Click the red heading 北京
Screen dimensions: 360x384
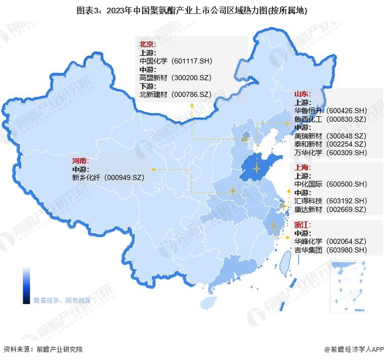(148, 44)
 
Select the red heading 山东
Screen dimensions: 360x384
(303, 94)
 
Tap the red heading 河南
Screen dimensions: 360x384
(80, 161)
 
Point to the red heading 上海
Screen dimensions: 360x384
(303, 168)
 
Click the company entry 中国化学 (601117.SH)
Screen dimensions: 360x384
(176, 61)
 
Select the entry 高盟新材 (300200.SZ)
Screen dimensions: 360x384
(176, 78)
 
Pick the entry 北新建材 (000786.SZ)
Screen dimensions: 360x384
(176, 94)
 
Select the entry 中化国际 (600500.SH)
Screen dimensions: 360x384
(330, 184)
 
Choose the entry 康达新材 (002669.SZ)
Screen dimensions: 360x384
(330, 209)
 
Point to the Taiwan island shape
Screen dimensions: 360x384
(285, 264)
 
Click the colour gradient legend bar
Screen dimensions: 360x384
(26, 285)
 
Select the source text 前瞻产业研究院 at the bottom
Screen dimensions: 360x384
(59, 348)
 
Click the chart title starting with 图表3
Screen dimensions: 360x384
(192, 9)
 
